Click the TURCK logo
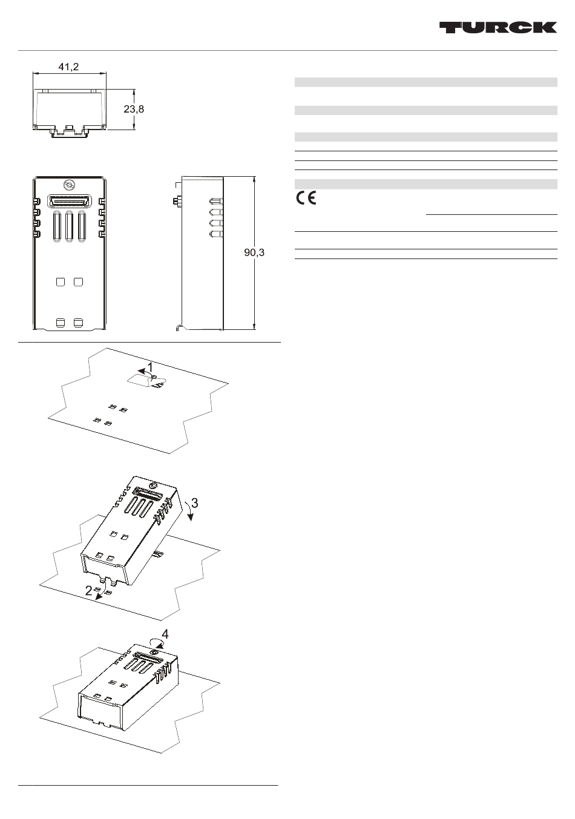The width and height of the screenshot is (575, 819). point(498,27)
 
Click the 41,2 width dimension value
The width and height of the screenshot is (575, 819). point(68,67)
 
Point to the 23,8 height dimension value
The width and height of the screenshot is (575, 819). point(134,109)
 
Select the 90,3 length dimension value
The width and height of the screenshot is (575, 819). point(254,252)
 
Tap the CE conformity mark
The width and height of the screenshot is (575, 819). point(306,198)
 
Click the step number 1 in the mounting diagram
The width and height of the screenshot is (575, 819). point(149,367)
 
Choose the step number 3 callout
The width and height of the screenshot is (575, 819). point(195,503)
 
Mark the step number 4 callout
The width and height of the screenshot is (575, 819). point(165,634)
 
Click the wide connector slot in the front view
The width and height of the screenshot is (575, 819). point(70,202)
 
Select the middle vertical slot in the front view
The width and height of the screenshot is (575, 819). point(70,226)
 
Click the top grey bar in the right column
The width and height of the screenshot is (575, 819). point(426,82)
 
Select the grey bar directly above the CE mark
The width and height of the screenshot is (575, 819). point(426,184)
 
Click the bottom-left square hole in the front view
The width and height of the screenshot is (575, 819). point(61,323)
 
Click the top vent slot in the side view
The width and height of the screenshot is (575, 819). point(216,201)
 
